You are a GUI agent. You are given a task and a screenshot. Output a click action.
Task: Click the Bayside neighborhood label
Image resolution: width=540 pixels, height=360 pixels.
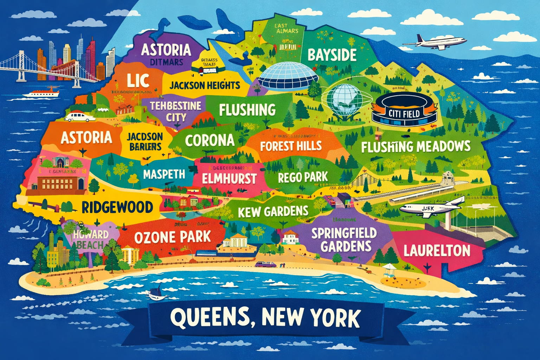pyautogui.click(x=332, y=55)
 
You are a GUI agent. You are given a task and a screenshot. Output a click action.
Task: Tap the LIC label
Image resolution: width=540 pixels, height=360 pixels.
pyautogui.click(x=138, y=81)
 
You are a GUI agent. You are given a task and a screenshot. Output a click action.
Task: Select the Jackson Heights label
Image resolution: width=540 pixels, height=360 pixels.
pyautogui.click(x=205, y=85)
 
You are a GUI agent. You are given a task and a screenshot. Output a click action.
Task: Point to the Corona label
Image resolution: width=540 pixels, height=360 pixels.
pyautogui.click(x=210, y=141)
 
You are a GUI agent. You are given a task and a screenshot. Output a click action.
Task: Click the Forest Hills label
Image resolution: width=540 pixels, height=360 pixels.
pyautogui.click(x=291, y=146)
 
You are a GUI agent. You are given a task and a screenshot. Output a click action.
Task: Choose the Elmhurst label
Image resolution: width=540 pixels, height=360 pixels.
pyautogui.click(x=229, y=179)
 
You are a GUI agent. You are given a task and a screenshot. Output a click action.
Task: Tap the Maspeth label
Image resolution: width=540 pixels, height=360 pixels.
pyautogui.click(x=164, y=174)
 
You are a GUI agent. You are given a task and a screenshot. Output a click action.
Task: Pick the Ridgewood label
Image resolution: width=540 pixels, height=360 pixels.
pyautogui.click(x=117, y=207)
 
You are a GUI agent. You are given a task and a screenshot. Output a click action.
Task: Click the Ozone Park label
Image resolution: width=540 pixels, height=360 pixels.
pyautogui.click(x=172, y=237)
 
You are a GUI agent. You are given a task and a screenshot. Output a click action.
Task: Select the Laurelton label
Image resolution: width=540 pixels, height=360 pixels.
pyautogui.click(x=437, y=251)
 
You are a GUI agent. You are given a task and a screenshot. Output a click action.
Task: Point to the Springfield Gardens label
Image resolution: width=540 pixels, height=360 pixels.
pyautogui.click(x=344, y=239)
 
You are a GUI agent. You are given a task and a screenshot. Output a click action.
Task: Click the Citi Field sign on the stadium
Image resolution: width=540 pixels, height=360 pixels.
pyautogui.click(x=404, y=113)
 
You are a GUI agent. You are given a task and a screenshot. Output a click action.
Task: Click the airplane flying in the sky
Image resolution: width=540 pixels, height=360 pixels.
pyautogui.click(x=436, y=42)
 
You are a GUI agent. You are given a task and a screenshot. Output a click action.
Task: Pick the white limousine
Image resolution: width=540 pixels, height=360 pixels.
pyautogui.click(x=80, y=117)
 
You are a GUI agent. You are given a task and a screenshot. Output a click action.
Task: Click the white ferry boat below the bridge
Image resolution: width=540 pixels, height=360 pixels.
pyautogui.click(x=41, y=93)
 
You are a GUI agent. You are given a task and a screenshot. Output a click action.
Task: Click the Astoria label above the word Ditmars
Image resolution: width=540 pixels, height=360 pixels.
pyautogui.click(x=166, y=50)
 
